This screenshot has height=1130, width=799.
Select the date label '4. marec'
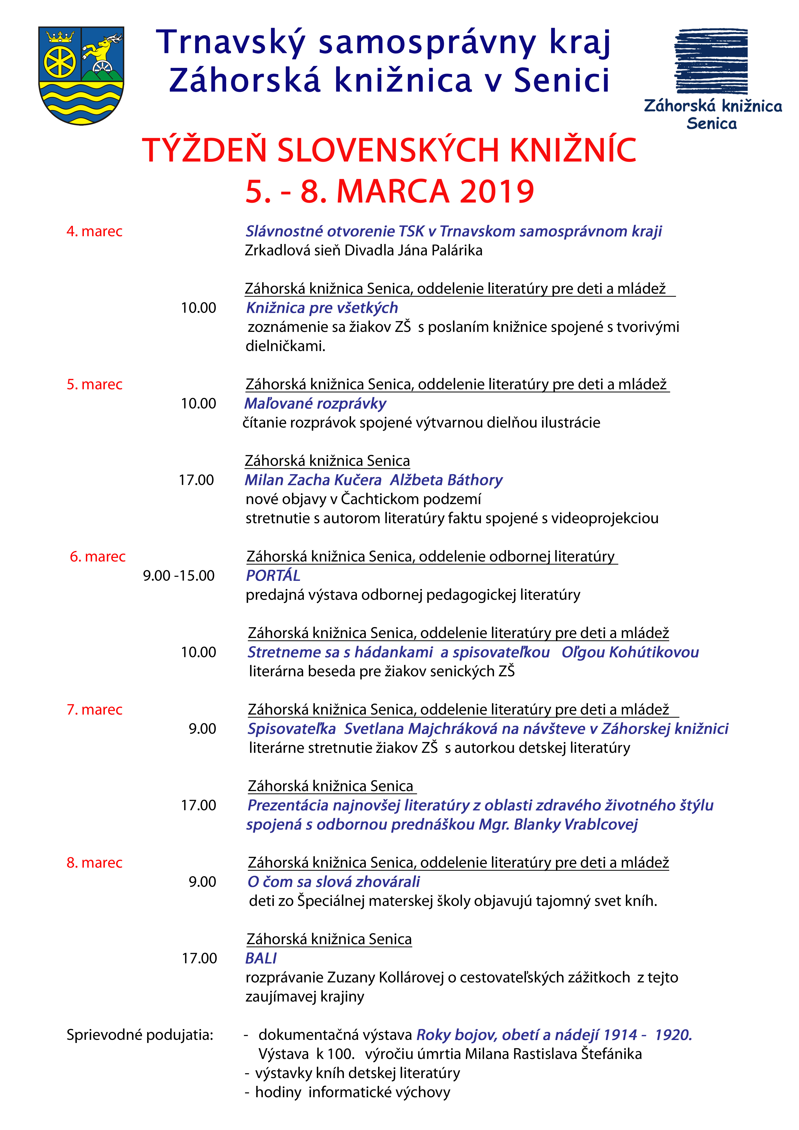tap(95, 231)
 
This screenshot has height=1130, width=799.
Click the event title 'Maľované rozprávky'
tap(315, 404)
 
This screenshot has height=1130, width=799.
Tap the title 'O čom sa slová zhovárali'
tap(334, 882)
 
